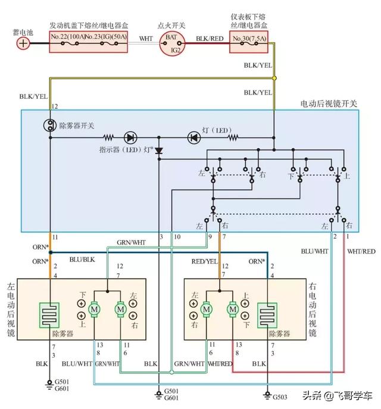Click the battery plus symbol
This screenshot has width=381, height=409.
pyautogui.click(x=23, y=43)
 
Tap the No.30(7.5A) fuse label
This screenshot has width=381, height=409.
pyautogui.click(x=249, y=38)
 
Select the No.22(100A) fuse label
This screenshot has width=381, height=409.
pyautogui.click(x=68, y=36)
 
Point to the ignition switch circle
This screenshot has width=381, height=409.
pyautogui.click(x=172, y=43)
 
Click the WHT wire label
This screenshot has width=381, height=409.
pyautogui.click(x=146, y=39)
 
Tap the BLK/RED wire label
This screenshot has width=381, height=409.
pyautogui.click(x=210, y=39)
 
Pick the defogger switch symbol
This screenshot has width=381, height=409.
pyautogui.click(x=49, y=125)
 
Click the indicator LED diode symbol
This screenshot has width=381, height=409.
pyautogui.click(x=130, y=138)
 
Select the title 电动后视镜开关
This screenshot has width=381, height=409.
pyautogui.click(x=329, y=104)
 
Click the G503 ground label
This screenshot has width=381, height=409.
pyautogui.click(x=280, y=397)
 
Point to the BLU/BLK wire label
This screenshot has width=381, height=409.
pyautogui.click(x=82, y=260)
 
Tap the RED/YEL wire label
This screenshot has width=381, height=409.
pyautogui.click(x=204, y=261)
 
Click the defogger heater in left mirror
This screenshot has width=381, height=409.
pyautogui.click(x=49, y=315)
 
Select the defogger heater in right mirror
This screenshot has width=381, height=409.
pyautogui.click(x=267, y=315)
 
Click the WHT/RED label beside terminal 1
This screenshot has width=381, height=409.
pyautogui.click(x=361, y=251)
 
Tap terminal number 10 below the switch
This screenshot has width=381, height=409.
pyautogui.click(x=177, y=237)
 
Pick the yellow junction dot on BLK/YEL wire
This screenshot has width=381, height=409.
pyautogui.click(x=274, y=78)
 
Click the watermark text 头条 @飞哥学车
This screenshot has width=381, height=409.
pyautogui.click(x=337, y=396)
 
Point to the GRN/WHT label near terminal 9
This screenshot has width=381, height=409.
pyautogui.click(x=131, y=242)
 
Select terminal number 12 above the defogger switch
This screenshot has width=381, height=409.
pyautogui.click(x=55, y=107)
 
